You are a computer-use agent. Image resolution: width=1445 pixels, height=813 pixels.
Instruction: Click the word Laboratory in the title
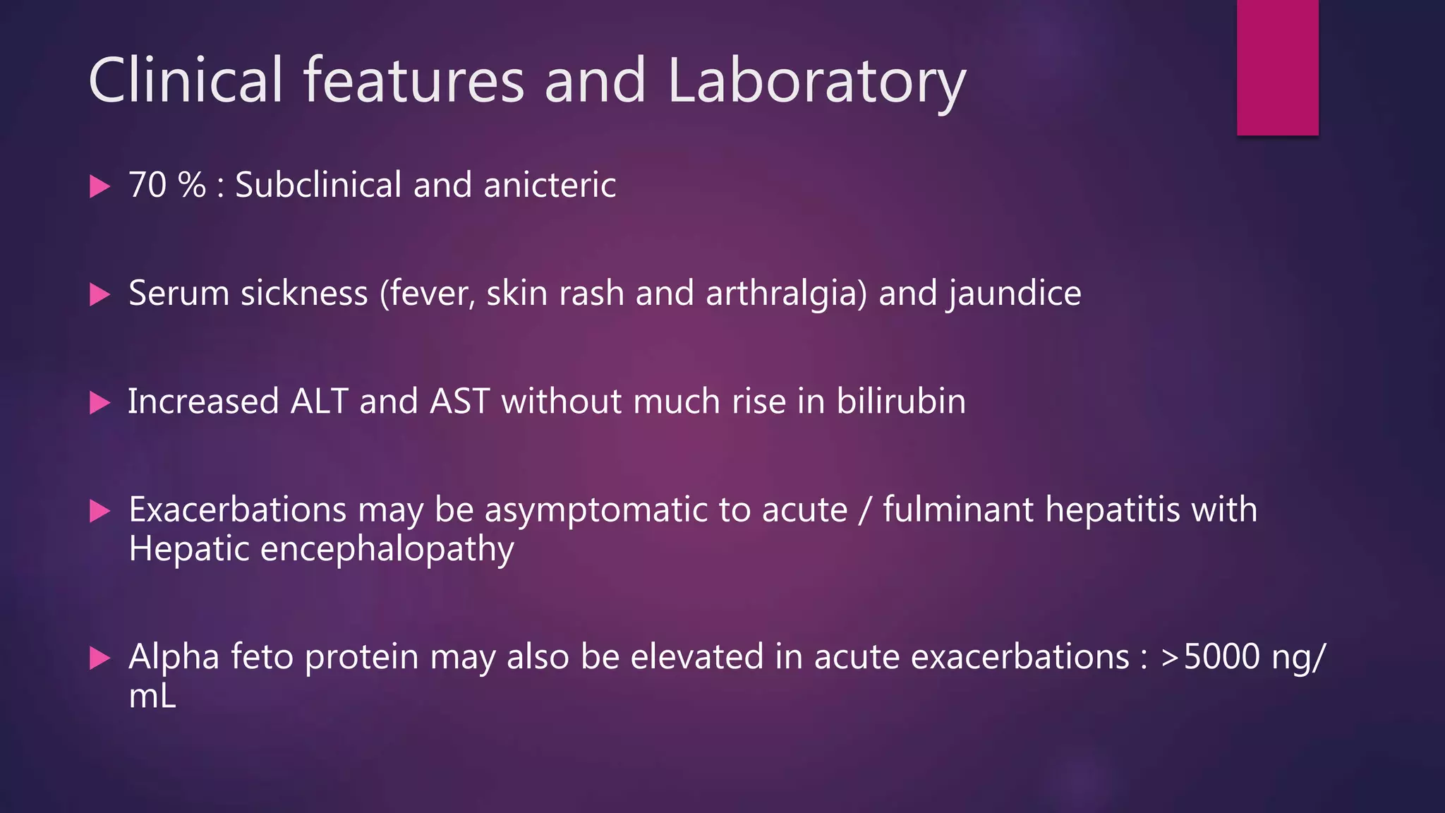coord(816,81)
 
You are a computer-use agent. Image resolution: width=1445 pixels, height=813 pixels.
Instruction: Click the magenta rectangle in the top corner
coord(1277,67)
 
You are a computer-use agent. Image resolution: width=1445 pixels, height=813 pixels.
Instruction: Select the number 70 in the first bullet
coord(147,185)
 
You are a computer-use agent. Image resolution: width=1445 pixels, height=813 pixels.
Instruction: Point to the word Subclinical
coord(318,185)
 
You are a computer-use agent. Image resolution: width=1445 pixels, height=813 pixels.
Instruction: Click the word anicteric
coord(550,185)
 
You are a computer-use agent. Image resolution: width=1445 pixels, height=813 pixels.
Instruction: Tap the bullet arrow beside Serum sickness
coord(100,294)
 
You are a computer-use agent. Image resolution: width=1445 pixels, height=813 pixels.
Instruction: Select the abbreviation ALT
coord(319,402)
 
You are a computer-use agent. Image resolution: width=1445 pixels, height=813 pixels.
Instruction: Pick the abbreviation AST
coord(459,402)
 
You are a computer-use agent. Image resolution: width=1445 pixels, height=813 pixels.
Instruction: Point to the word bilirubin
coord(901,402)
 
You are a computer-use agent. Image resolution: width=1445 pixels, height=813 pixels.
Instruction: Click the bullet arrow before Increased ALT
coord(100,403)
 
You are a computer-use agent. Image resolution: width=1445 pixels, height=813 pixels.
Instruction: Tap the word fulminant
coord(957,510)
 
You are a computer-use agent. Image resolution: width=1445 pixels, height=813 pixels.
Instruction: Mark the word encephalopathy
coord(387,550)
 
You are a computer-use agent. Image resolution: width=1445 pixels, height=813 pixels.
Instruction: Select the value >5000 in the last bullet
coord(1210,657)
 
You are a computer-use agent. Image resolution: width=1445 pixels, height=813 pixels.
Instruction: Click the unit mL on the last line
coord(152,697)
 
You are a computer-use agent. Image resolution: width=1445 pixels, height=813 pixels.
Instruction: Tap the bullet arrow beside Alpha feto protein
coord(100,658)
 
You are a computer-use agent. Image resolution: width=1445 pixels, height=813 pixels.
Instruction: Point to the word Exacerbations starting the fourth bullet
coord(237,510)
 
